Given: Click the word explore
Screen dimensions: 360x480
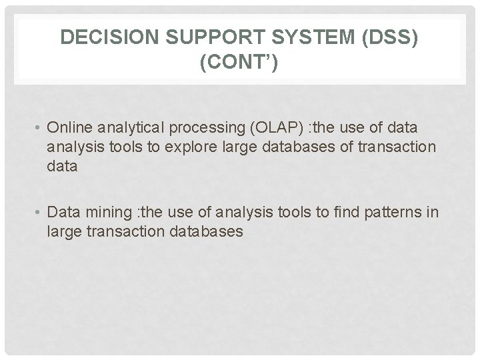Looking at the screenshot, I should click(171, 147).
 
